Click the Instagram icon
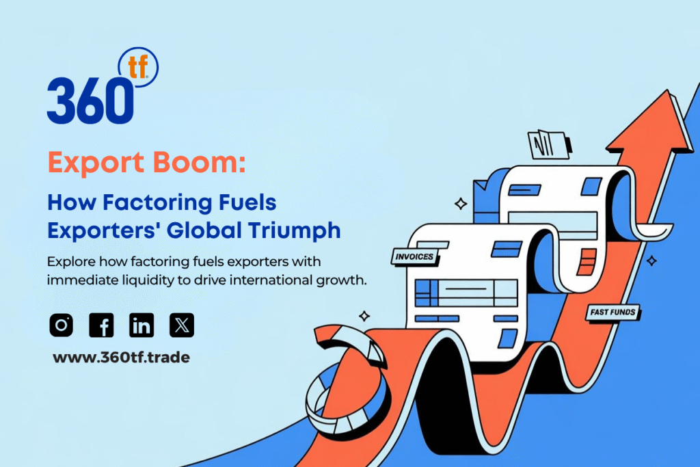[x=61, y=325]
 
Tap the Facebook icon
[x=101, y=325]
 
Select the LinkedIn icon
[x=142, y=325]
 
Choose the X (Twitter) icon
[x=182, y=325]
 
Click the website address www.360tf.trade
[x=121, y=357]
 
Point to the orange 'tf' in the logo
[x=137, y=68]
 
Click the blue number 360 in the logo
[x=90, y=101]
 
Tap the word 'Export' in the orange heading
[x=96, y=163]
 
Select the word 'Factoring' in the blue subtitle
[x=157, y=203]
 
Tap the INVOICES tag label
[x=414, y=256]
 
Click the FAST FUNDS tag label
[x=612, y=312]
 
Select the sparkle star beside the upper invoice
[x=461, y=204]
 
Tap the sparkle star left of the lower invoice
[x=364, y=316]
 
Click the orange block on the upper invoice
[x=586, y=262]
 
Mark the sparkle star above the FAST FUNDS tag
[x=651, y=261]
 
